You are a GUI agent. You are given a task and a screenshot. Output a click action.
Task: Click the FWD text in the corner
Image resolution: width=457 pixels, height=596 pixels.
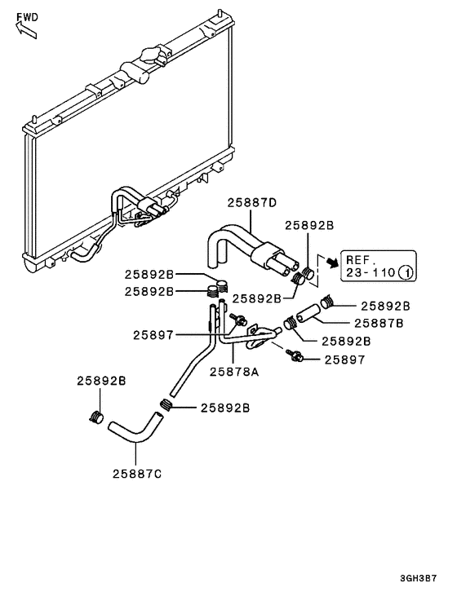27,15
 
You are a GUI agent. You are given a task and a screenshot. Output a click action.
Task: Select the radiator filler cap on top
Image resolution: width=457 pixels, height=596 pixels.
149,55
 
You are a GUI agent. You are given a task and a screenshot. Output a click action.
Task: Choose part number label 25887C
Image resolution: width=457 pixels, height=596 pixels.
138,473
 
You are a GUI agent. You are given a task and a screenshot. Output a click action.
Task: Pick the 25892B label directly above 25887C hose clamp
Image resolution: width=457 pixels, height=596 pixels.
101,381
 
